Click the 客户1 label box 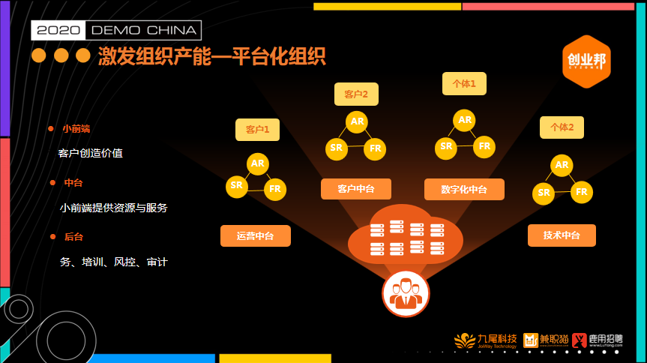[x=257, y=130]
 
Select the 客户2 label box [x=356, y=94]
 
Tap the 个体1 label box [x=464, y=84]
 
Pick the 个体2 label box [x=562, y=127]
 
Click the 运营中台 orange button [x=255, y=236]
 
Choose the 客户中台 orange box [x=355, y=189]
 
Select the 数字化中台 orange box [x=464, y=189]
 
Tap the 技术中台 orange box [x=562, y=235]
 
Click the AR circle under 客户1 [x=258, y=163]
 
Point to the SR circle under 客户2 [x=336, y=148]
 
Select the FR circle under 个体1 [x=485, y=146]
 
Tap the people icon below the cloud [x=406, y=293]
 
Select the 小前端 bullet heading [x=76, y=129]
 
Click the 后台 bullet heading [x=73, y=237]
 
